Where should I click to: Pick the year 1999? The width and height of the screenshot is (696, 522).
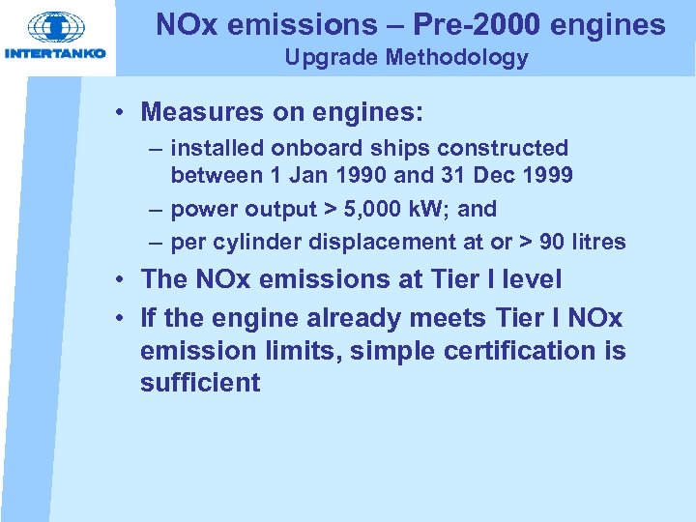point(548,176)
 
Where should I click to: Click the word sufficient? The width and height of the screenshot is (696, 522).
point(200,383)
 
